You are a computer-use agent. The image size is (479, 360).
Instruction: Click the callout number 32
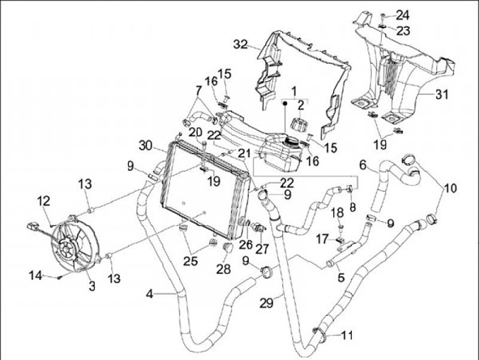coord(239,45)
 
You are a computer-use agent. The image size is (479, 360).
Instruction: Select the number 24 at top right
coord(404,15)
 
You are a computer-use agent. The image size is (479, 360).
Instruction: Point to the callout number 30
coord(148,145)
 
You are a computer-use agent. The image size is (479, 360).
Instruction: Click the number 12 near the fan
coord(43,200)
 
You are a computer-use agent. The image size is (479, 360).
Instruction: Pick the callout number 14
coord(33,275)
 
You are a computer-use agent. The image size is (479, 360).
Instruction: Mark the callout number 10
coord(450,188)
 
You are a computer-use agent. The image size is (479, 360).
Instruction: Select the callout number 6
coord(363,164)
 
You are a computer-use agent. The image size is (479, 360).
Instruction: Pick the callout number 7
coord(198,89)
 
